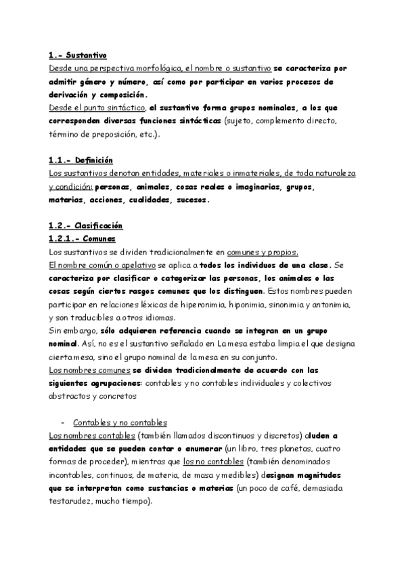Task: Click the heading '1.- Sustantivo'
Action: click(x=78, y=56)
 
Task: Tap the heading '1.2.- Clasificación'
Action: click(x=86, y=225)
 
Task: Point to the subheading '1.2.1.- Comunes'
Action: click(x=83, y=239)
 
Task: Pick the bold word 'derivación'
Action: click(x=74, y=95)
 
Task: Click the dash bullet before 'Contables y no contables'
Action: click(x=62, y=422)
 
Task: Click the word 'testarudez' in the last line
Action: click(x=73, y=502)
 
